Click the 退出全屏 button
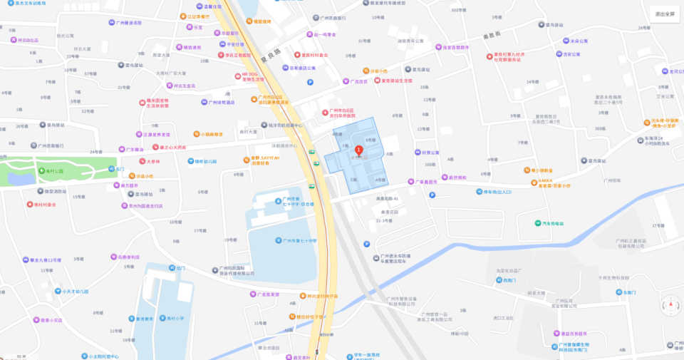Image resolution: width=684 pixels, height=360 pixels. pos(665,14)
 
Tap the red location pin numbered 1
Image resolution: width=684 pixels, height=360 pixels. pos(359,150)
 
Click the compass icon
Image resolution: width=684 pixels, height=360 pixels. pos(669,306)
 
